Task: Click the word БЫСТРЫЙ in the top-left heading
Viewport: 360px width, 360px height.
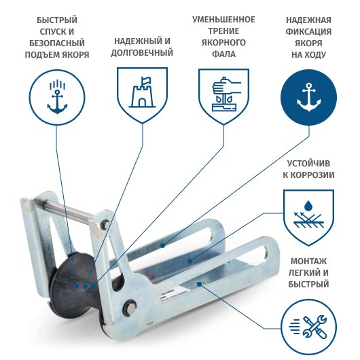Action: click(x=57, y=20)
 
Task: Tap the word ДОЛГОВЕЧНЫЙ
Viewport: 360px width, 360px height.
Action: click(x=142, y=53)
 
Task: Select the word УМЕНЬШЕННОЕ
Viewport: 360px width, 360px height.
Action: click(x=223, y=20)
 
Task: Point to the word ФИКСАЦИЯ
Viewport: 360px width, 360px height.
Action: click(x=308, y=32)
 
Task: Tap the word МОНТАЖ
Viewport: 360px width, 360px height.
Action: click(x=308, y=262)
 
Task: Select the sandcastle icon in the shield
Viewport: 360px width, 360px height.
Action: click(x=143, y=92)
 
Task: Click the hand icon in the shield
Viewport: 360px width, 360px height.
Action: click(x=226, y=94)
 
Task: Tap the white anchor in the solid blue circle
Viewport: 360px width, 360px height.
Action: click(x=309, y=97)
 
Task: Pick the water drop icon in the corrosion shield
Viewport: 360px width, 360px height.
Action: click(x=308, y=206)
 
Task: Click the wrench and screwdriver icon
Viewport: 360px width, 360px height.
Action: click(x=314, y=327)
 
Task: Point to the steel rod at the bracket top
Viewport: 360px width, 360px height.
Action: click(x=69, y=210)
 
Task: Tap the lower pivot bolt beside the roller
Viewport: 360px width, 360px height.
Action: click(x=130, y=307)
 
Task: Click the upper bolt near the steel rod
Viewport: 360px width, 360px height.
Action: click(x=105, y=223)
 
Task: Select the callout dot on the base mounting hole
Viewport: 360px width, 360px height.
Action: click(x=200, y=284)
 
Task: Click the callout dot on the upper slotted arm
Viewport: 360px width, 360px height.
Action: click(x=162, y=245)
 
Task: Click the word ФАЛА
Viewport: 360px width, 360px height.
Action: click(x=223, y=54)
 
